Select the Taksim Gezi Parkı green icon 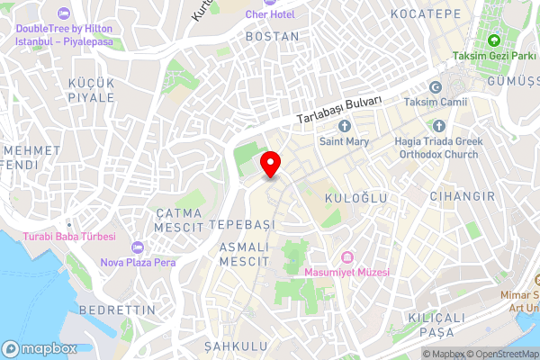click(493, 40)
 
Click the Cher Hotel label click(269, 15)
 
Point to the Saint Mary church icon click(344, 124)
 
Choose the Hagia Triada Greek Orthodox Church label click(438, 148)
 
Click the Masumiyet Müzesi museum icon click(346, 256)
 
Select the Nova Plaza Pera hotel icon click(137, 247)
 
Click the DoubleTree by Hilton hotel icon click(62, 14)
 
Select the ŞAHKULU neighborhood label click(236, 346)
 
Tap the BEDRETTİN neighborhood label click(118, 310)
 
